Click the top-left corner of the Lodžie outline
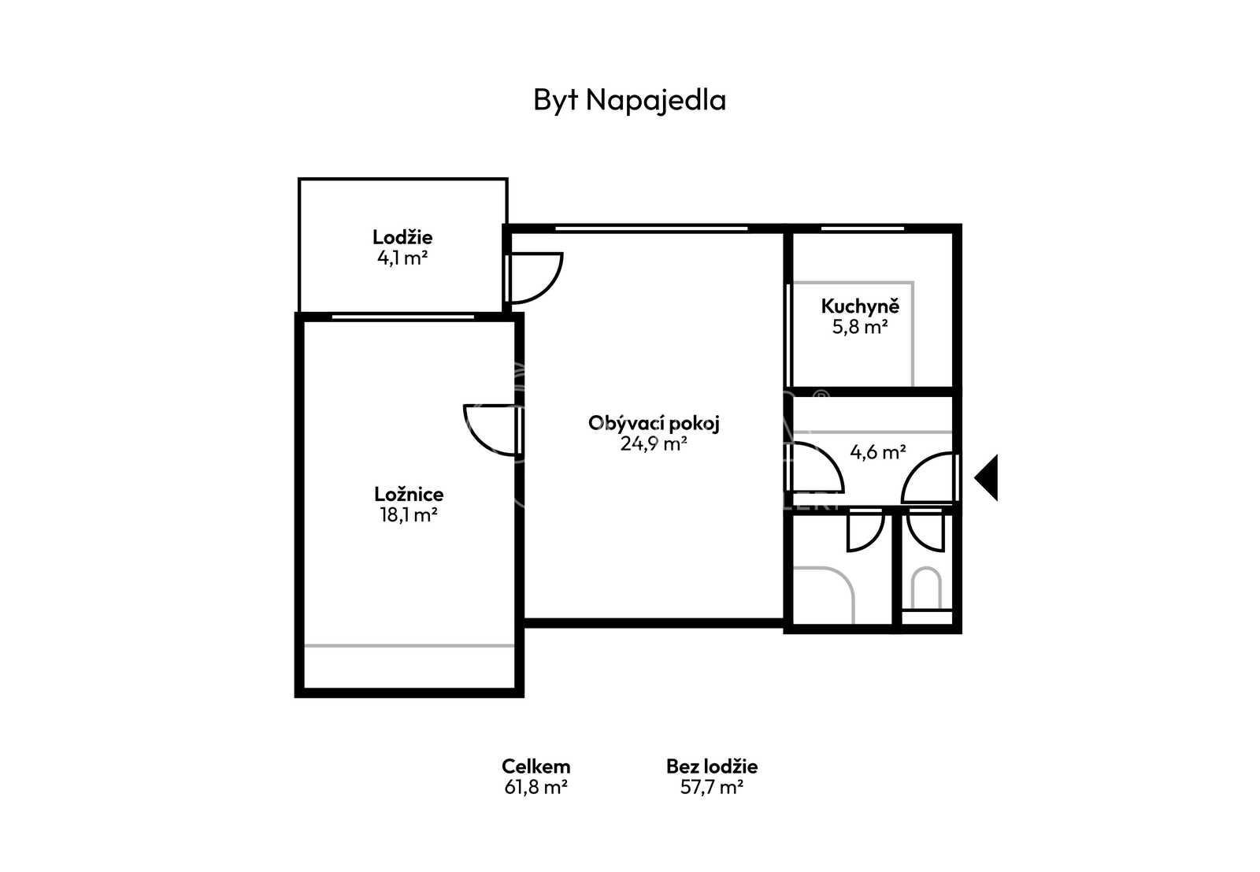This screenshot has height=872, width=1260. tap(298, 179)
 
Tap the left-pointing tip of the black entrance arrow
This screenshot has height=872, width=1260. tap(975, 477)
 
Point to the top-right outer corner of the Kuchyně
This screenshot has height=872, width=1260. tap(962, 224)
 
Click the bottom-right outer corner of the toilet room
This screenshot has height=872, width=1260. tap(962, 633)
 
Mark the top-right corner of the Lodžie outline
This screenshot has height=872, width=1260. tap(507, 179)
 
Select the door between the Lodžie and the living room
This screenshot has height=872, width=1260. tap(534, 279)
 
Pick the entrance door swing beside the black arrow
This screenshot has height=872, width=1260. tap(930, 477)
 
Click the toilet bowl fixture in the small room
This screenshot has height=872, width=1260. tap(926, 589)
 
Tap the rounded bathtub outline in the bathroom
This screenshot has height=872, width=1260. tap(824, 596)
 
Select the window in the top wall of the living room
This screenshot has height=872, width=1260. tap(651, 228)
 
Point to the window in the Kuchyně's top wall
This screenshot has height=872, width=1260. tap(862, 228)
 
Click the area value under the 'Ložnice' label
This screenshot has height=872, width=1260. tap(409, 514)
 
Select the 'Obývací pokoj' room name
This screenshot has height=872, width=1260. tap(654, 423)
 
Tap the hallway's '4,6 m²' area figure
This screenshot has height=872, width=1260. tap(877, 451)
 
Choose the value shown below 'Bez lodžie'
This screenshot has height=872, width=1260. tap(712, 787)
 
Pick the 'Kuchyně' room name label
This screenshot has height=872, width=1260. tap(860, 306)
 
